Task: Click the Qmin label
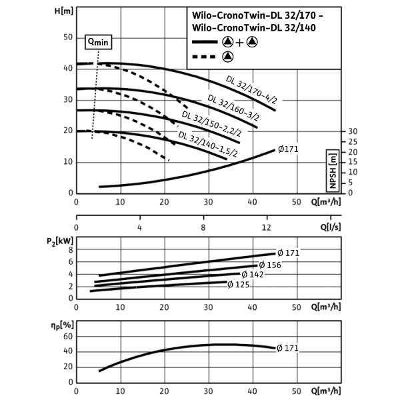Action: click(98, 42)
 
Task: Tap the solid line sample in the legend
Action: click(204, 43)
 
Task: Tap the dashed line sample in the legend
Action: click(204, 57)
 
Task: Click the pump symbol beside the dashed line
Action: click(228, 57)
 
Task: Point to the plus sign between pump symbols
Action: click(240, 43)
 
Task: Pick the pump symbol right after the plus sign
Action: click(251, 43)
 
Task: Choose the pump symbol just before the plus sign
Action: click(228, 43)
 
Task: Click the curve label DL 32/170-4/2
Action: click(253, 91)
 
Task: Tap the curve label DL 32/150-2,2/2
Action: click(211, 125)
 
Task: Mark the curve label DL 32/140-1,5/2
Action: click(208, 145)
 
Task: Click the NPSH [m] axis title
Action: click(333, 171)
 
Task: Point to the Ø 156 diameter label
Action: click(270, 265)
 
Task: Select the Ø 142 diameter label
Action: click(253, 275)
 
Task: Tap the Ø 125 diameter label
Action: click(238, 285)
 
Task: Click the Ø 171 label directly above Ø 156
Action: click(289, 253)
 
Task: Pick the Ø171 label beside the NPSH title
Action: click(289, 149)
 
